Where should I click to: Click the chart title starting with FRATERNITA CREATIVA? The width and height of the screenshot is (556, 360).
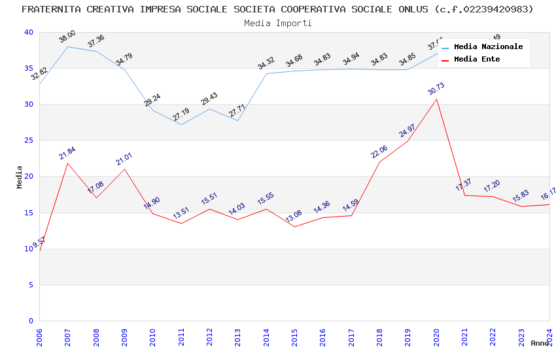point(277,9)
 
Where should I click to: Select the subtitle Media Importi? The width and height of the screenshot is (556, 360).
point(277,23)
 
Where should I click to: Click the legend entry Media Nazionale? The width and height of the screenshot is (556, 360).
point(488,47)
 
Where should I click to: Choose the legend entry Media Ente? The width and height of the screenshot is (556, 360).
point(477,60)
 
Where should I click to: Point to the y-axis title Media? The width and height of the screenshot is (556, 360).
point(20,177)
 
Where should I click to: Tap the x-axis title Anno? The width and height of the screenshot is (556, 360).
point(540,343)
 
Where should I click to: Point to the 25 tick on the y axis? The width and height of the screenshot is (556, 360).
point(28,141)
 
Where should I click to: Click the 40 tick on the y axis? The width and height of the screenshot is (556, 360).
point(28,33)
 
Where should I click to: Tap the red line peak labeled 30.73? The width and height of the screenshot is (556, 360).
point(436,99)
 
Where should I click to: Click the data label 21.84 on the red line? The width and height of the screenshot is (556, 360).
point(67,153)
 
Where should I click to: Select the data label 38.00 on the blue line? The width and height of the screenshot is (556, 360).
point(67,37)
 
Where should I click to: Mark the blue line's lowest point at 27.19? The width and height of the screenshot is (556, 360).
point(181,124)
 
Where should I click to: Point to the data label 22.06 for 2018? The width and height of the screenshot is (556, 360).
point(379,152)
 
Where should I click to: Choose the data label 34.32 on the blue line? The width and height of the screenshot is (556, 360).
point(266,63)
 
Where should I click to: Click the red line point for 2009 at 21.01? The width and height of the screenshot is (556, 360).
point(124,169)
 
